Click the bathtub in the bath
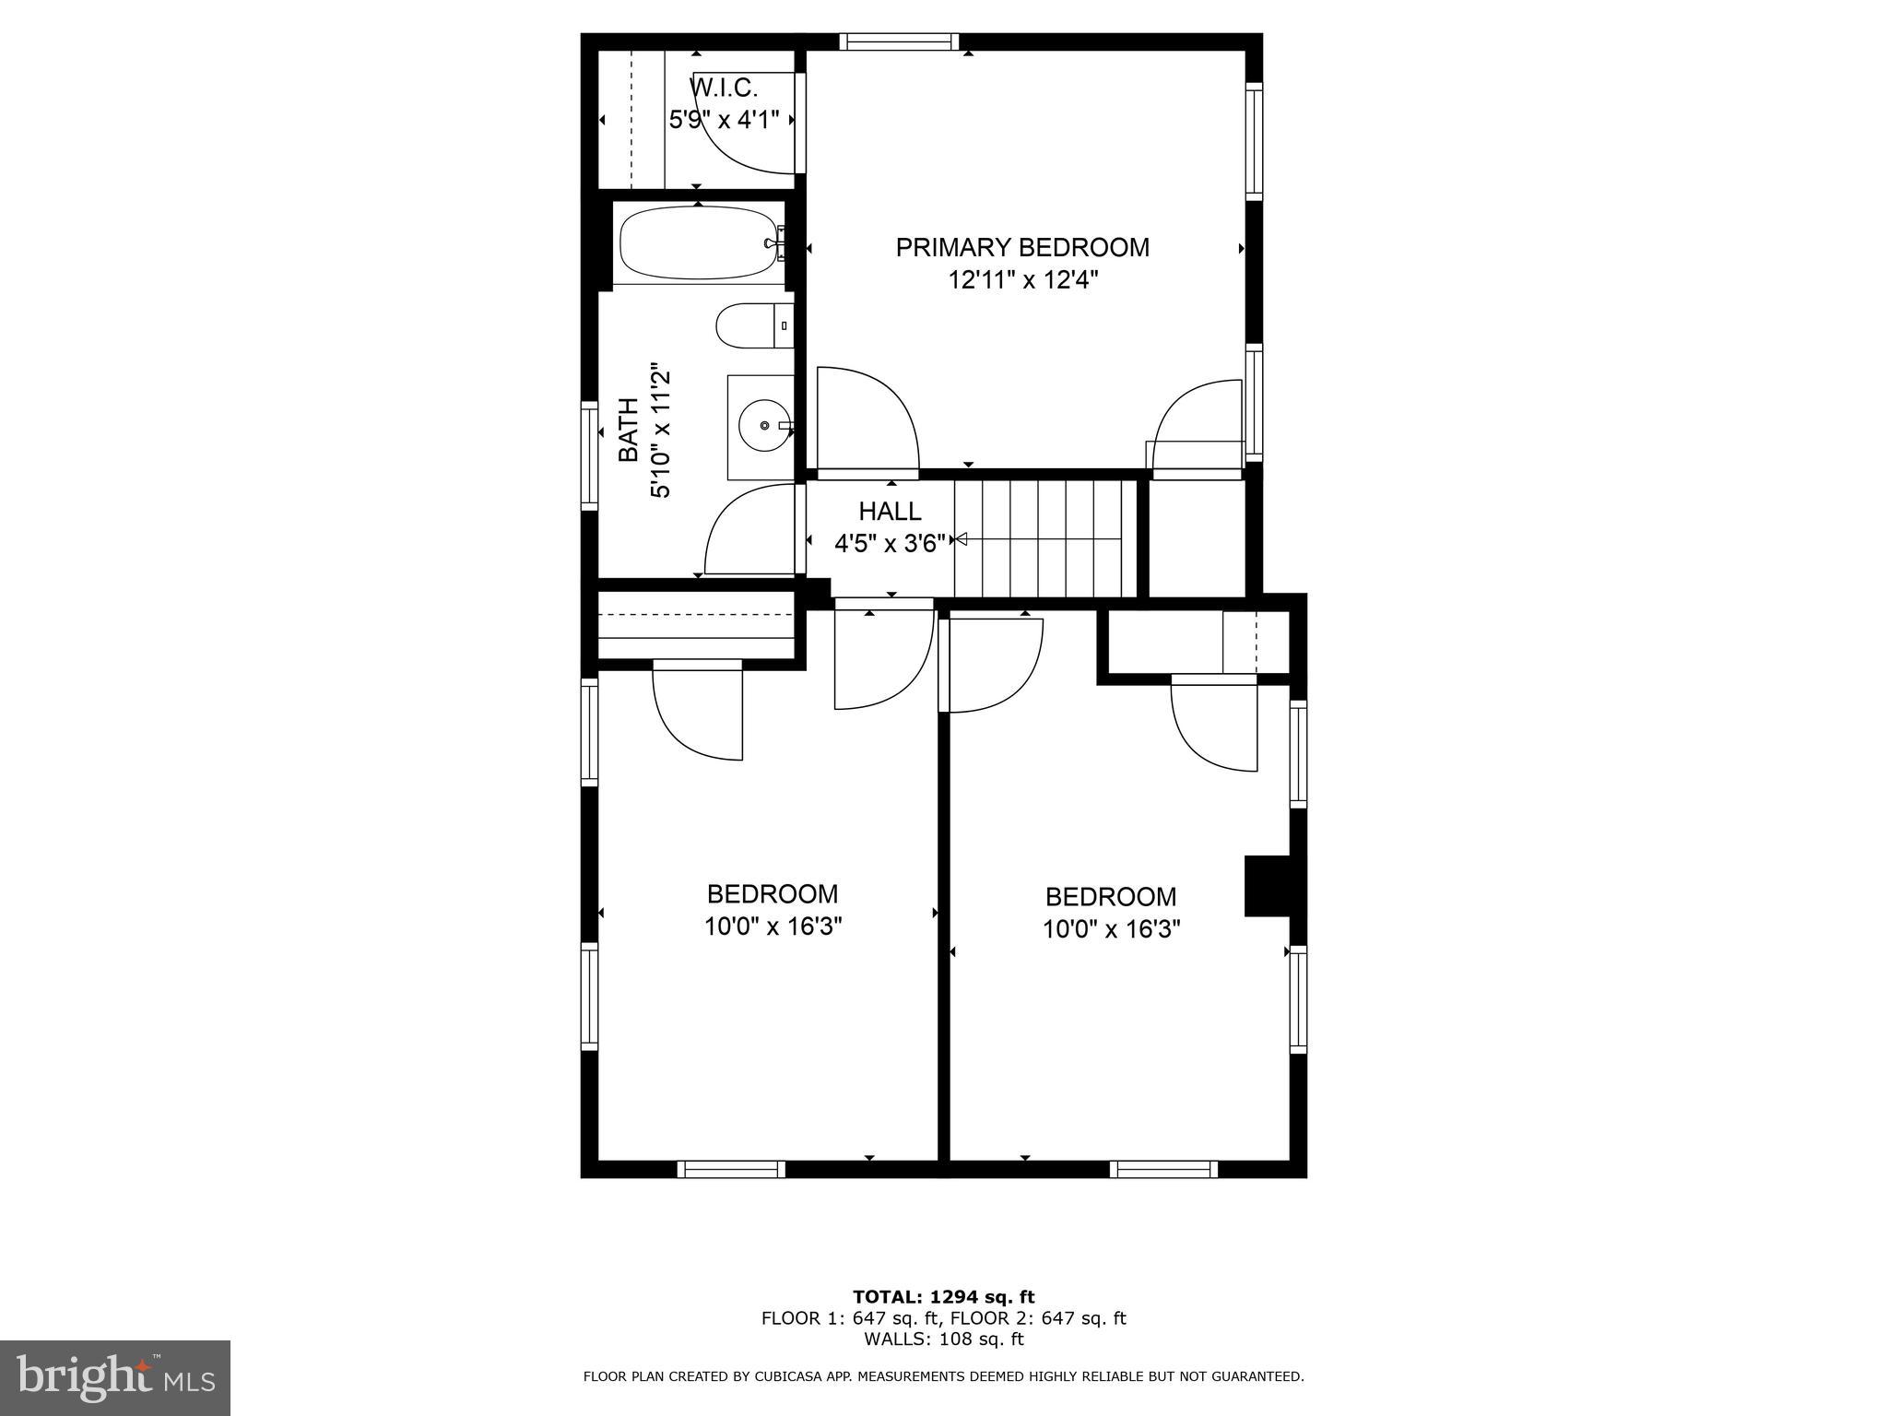[x=700, y=243]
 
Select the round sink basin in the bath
[x=764, y=426]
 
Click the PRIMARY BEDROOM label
[x=1022, y=247]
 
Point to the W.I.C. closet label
[x=724, y=88]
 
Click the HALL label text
[x=890, y=511]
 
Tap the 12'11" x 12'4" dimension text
[x=1022, y=280]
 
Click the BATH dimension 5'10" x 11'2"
[x=660, y=434]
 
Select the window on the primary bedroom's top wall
[x=899, y=41]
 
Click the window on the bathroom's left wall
[x=589, y=455]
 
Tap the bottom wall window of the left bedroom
[x=731, y=1169]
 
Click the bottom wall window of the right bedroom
[x=1163, y=1169]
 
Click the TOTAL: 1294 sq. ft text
[x=943, y=1297]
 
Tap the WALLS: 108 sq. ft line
[x=943, y=1339]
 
